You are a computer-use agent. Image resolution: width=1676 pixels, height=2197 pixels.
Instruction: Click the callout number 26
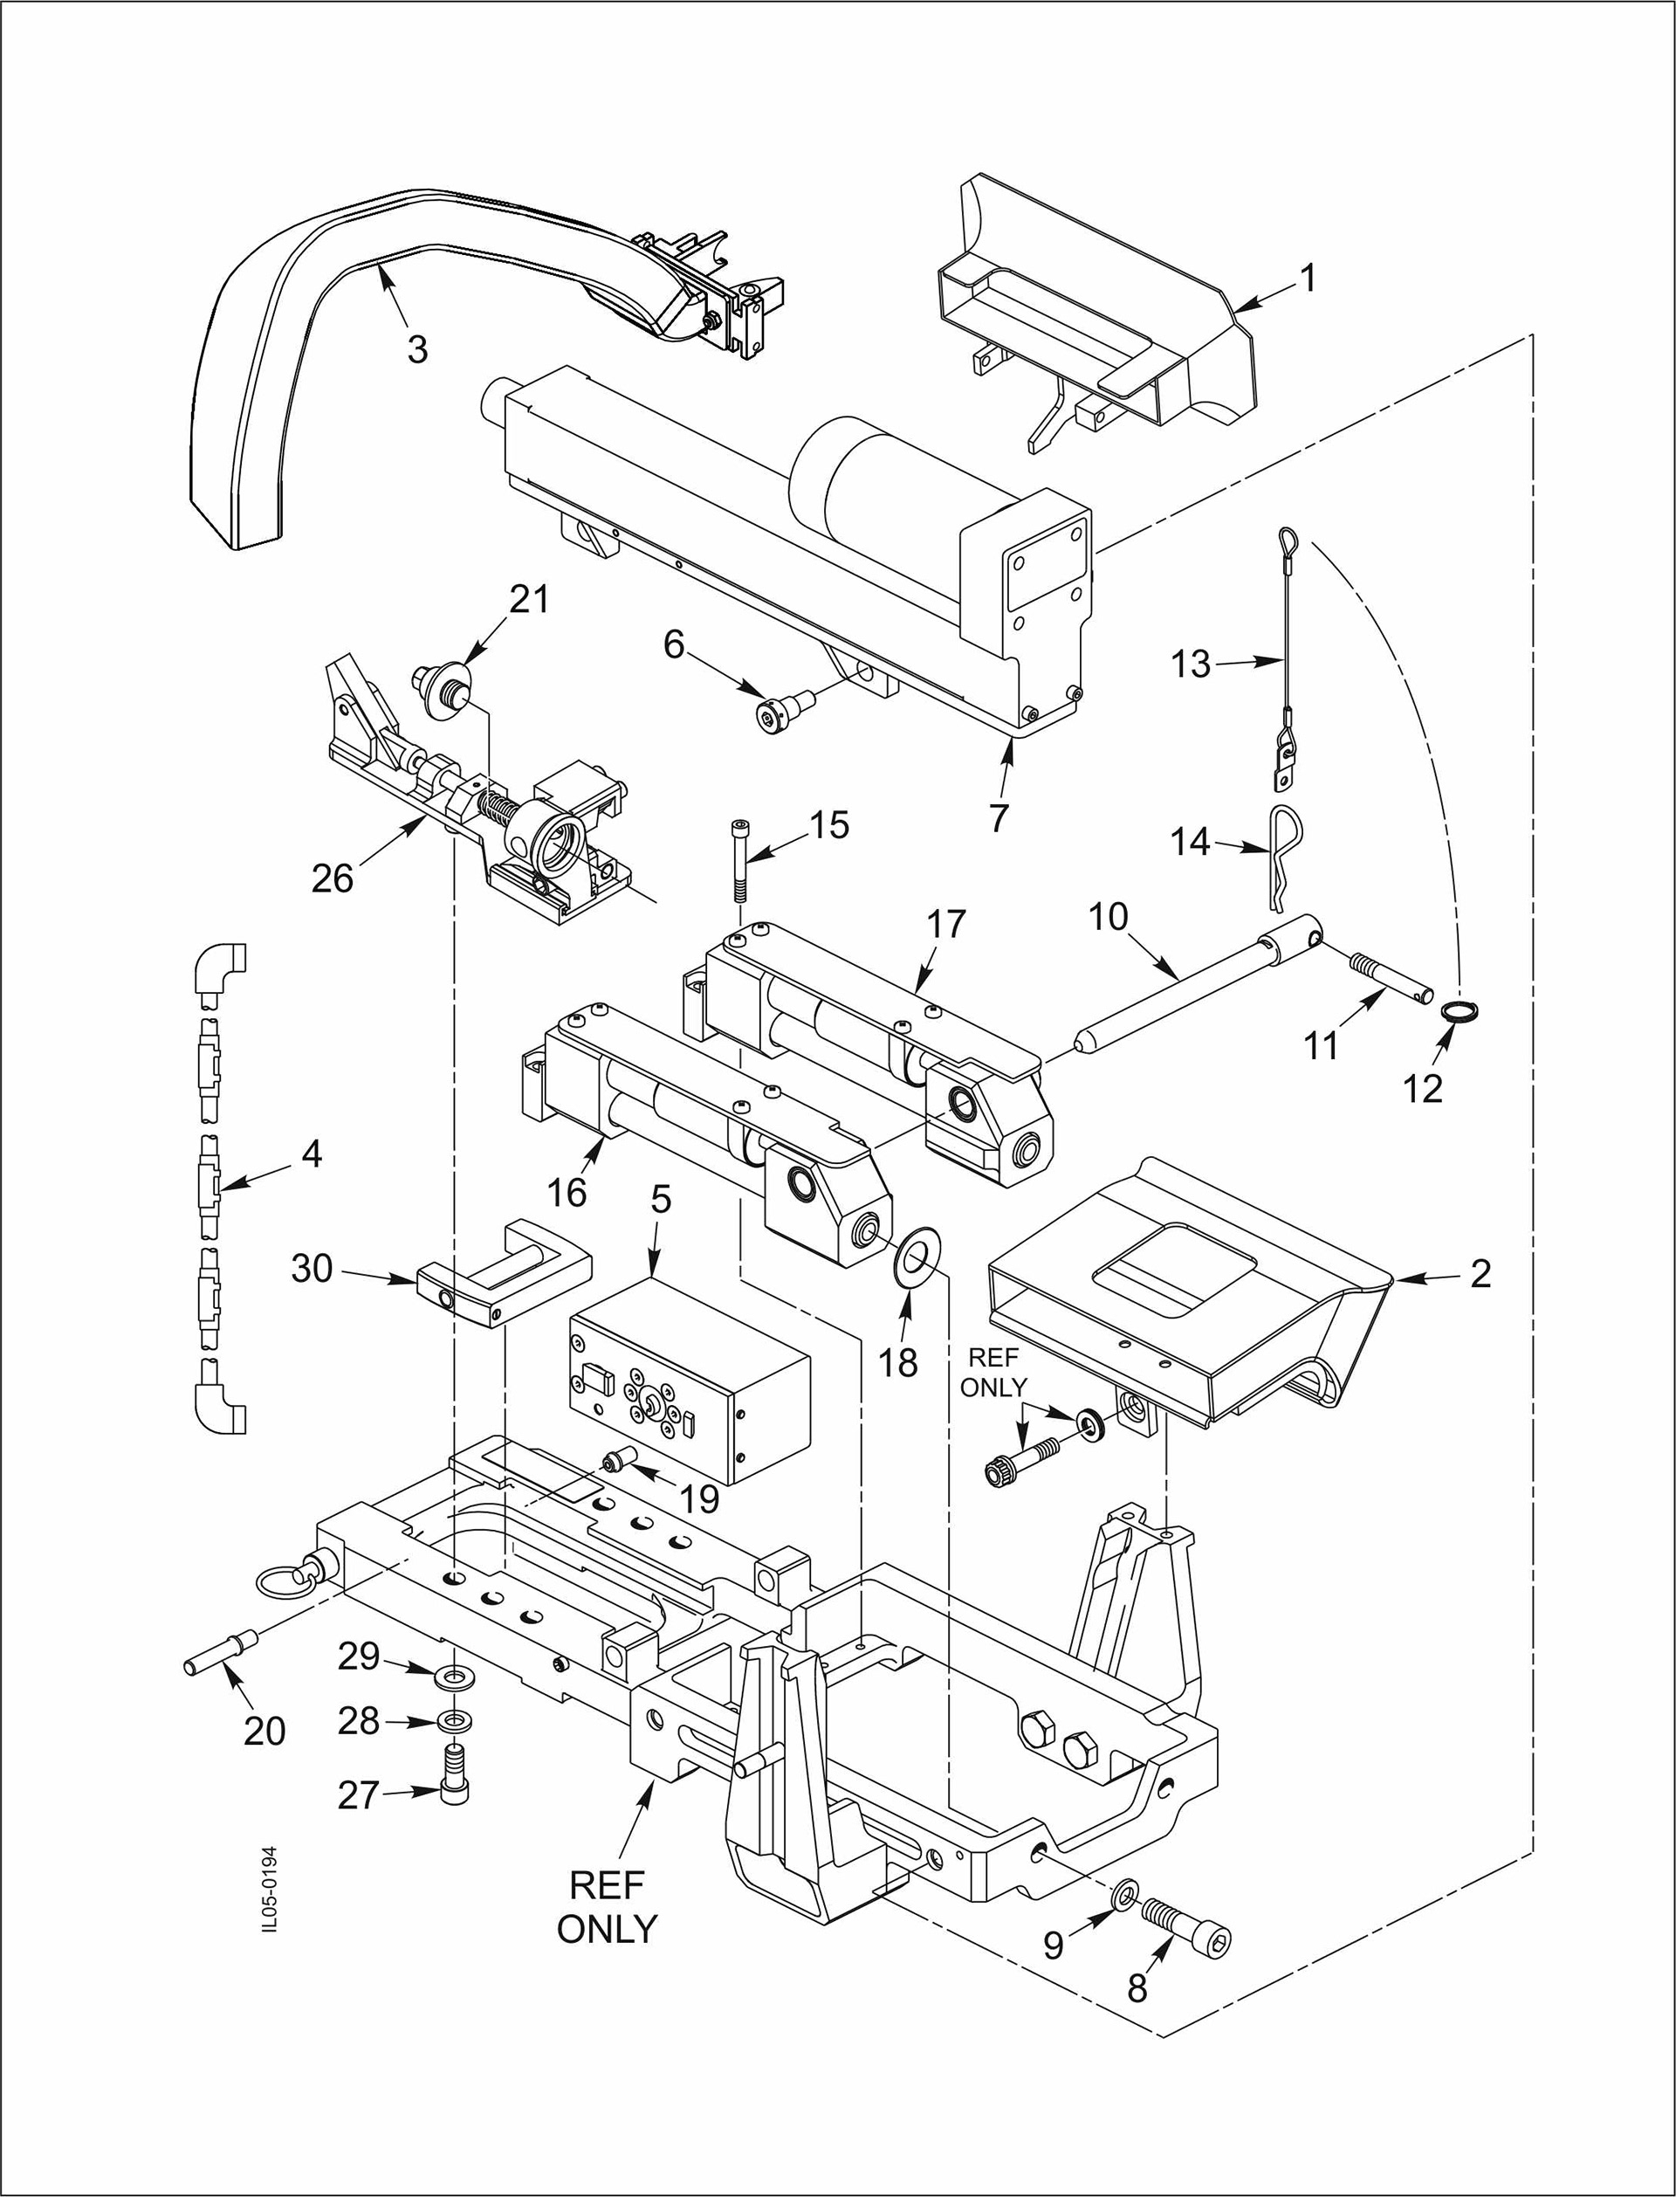333,877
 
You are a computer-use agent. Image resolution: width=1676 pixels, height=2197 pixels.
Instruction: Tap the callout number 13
1190,664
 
